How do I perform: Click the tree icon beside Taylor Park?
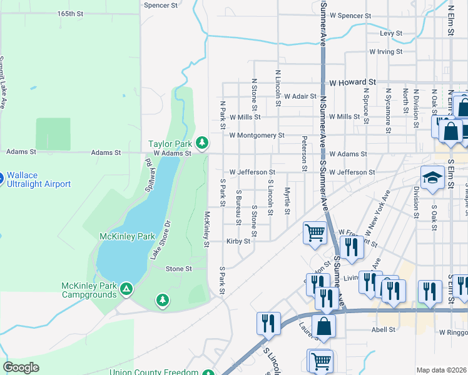(202, 143)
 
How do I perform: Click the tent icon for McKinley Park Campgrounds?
(126, 289)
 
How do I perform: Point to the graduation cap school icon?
(432, 178)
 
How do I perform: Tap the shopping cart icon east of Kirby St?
(315, 234)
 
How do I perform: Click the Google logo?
(21, 367)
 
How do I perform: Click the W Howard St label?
(352, 82)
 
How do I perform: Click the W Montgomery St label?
(257, 135)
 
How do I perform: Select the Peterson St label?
(304, 154)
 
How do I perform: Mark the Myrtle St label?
(287, 200)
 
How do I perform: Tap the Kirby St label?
(238, 241)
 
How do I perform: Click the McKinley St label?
(206, 229)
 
